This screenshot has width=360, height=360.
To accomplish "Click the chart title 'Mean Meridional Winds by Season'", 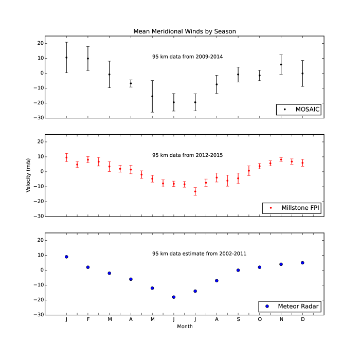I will (185, 31).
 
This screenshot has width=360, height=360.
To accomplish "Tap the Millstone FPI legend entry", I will (294, 208).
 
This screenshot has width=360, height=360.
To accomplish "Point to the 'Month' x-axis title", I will (185, 326).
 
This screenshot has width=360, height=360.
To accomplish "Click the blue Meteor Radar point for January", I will (66, 257).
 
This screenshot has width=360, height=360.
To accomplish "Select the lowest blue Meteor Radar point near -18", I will (174, 297).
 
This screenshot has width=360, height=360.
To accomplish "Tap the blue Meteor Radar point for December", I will (302, 263).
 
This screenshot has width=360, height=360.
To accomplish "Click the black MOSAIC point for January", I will (66, 58).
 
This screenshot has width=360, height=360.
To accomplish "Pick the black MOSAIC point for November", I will (281, 64).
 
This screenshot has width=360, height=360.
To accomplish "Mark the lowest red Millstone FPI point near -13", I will (195, 191).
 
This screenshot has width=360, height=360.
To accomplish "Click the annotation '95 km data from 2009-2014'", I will (187, 56).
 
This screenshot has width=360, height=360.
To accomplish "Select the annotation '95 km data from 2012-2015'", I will (187, 155).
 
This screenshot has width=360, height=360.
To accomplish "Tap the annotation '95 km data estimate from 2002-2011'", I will (187, 254).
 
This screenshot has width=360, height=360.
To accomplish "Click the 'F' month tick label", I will (88, 319).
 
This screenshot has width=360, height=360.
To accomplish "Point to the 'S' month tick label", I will (238, 319).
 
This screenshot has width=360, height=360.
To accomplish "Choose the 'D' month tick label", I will (302, 319).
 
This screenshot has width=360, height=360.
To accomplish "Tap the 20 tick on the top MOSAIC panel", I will (39, 43).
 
